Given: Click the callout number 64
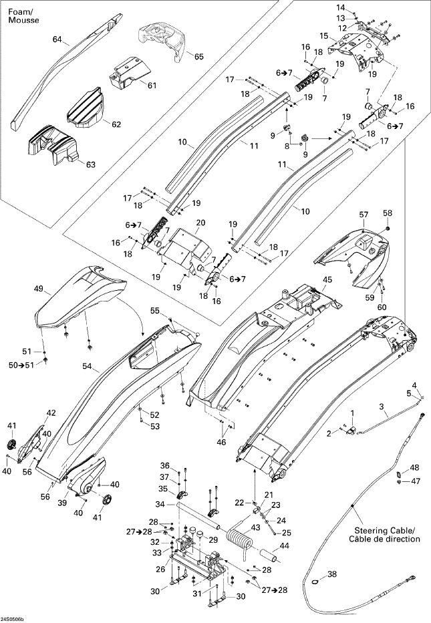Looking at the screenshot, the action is click(57, 39).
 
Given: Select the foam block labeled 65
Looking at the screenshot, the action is click(162, 41).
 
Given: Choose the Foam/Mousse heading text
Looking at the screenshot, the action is click(23, 16).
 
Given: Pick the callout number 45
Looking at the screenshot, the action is click(327, 279).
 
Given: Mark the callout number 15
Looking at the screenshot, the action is click(323, 36).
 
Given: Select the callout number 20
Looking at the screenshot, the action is click(200, 223).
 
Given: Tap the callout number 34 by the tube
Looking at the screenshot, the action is click(160, 505).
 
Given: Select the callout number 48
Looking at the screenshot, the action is click(415, 467).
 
